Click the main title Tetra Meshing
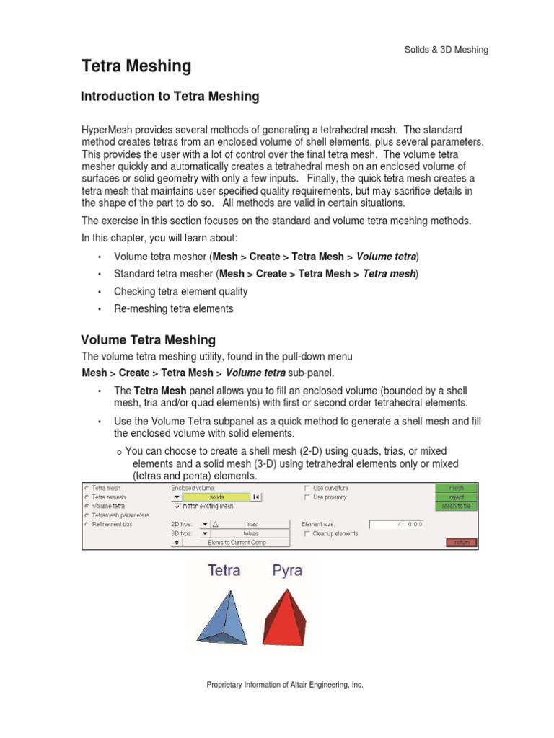pyautogui.click(x=136, y=67)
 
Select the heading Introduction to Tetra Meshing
pyautogui.click(x=170, y=97)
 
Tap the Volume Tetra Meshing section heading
pyautogui.click(x=148, y=339)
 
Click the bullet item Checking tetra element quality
pyautogui.click(x=180, y=291)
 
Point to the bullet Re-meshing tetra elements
pyautogui.click(x=173, y=308)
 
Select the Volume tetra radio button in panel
pyautogui.click(x=87, y=506)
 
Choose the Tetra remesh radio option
pyautogui.click(x=87, y=497)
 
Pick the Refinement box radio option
pyautogui.click(x=87, y=525)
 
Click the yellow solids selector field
pyautogui.click(x=216, y=497)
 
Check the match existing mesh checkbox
pyautogui.click(x=177, y=507)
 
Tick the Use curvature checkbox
pyautogui.click(x=307, y=488)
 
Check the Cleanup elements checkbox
pyautogui.click(x=307, y=534)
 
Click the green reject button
pyautogui.click(x=456, y=497)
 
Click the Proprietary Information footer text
pyautogui.click(x=284, y=685)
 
